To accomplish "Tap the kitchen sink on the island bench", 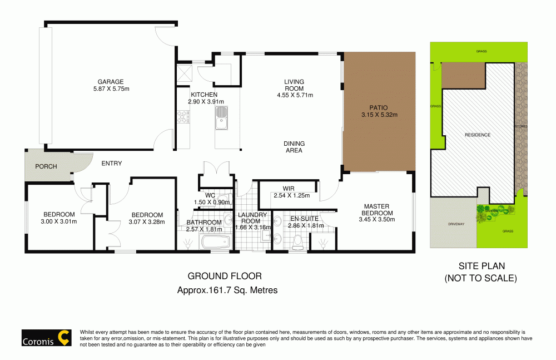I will pyautogui.click(x=221, y=117).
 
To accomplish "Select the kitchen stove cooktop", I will pyautogui.click(x=182, y=117).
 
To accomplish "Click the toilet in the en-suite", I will pyautogui.click(x=297, y=240).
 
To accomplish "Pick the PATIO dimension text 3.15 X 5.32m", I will pyautogui.click(x=379, y=115).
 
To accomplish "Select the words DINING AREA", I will pyautogui.click(x=294, y=147).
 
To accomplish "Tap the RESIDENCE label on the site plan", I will pyautogui.click(x=477, y=135).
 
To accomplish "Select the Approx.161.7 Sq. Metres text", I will pyautogui.click(x=227, y=290).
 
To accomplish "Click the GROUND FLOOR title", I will pyautogui.click(x=224, y=276).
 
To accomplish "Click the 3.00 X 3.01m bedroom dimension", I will pyautogui.click(x=59, y=221).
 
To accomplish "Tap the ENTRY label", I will pyautogui.click(x=111, y=163).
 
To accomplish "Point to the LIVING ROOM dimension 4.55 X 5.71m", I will pyautogui.click(x=295, y=95).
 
